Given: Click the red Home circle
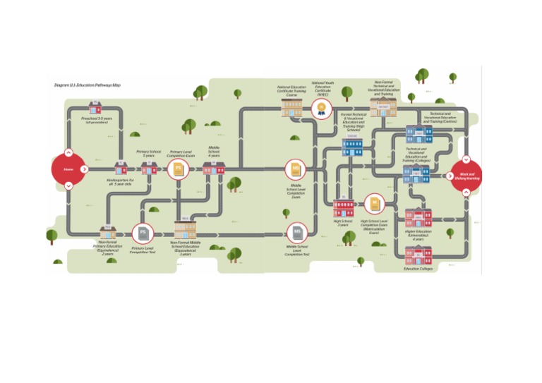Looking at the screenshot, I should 68,169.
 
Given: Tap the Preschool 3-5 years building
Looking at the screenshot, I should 95,107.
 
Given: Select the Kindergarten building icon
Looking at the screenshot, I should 121,168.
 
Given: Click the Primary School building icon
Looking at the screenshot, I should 149,168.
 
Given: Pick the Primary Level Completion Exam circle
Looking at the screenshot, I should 178,169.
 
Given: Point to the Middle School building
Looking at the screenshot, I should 213,168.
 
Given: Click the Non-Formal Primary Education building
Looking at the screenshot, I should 107,232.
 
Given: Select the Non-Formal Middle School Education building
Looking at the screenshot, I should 186,229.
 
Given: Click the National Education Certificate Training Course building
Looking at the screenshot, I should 291,108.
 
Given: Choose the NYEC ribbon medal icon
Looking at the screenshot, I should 322,108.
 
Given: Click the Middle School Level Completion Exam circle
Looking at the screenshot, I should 296,169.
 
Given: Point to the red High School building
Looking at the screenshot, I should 344,207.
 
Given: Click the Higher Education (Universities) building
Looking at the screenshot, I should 418,218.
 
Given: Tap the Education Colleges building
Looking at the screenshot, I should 418,255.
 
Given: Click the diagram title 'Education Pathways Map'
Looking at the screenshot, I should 88,85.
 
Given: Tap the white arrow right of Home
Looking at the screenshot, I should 84,169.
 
